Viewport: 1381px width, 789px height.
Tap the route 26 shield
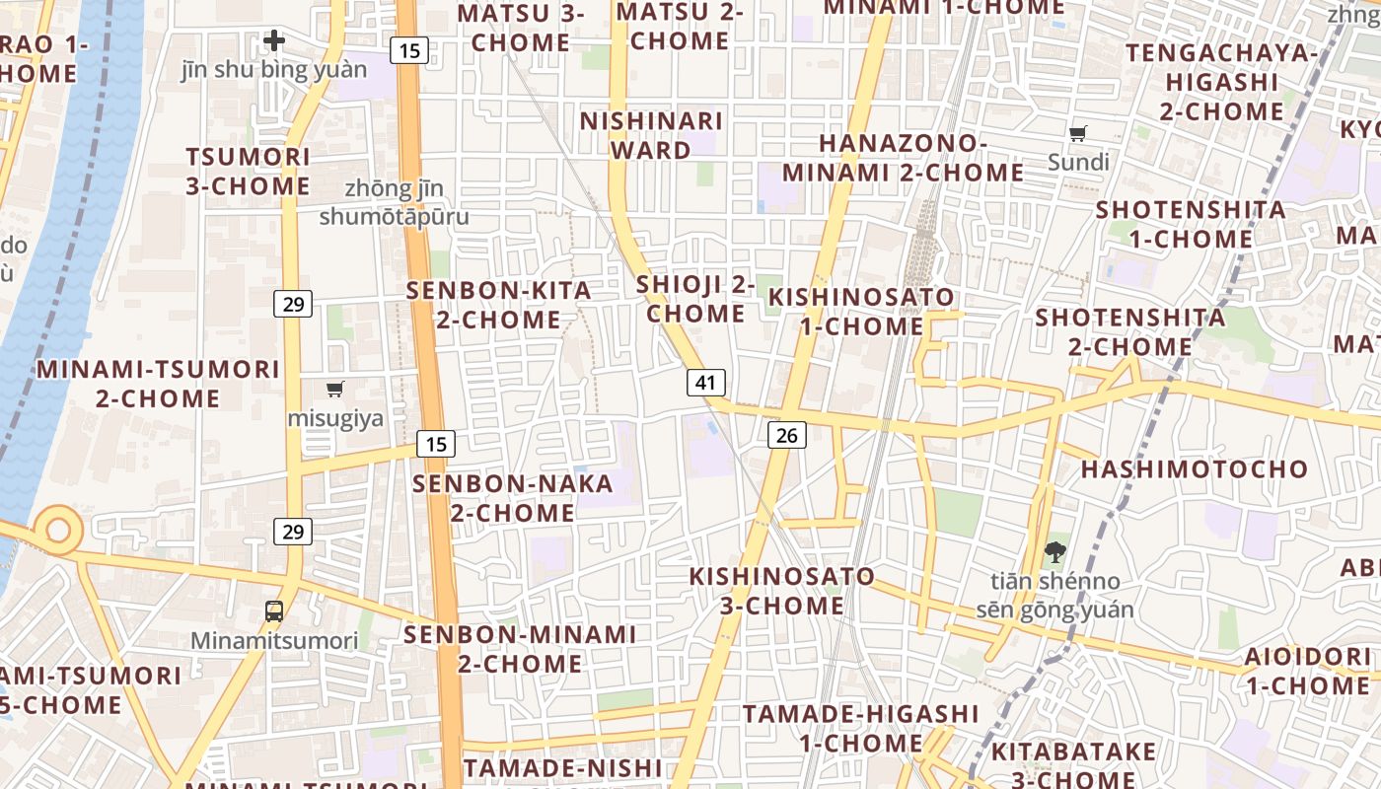click(786, 434)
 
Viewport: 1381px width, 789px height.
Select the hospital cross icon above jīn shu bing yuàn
click(274, 41)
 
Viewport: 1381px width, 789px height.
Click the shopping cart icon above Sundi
click(1078, 134)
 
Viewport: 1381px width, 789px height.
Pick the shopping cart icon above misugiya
click(335, 389)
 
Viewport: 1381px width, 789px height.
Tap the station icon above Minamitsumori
click(274, 611)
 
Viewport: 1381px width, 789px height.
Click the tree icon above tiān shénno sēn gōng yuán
click(1054, 552)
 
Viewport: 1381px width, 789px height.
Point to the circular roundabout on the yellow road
click(58, 531)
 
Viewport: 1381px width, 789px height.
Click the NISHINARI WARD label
click(651, 135)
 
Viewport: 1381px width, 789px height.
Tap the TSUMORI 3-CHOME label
click(248, 172)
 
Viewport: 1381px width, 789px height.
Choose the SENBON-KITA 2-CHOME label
click(499, 305)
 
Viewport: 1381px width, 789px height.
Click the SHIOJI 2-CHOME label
click(695, 299)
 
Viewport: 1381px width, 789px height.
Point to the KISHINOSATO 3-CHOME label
click(781, 590)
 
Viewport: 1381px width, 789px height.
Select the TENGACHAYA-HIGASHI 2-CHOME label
click(1221, 81)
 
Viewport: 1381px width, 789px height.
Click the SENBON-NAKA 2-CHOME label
click(513, 498)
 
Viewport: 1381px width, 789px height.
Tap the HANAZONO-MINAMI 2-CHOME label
click(903, 158)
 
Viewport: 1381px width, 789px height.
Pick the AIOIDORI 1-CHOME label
click(1307, 671)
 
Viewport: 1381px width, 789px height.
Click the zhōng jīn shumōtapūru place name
click(394, 202)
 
